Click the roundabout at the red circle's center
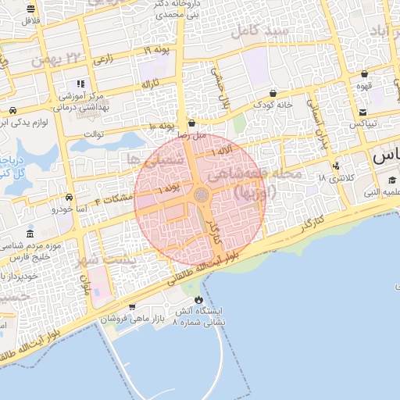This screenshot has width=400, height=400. pyautogui.click(x=201, y=195)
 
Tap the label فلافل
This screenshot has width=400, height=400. pyautogui.click(x=30, y=20)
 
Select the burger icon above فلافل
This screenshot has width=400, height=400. pyautogui.click(x=30, y=9)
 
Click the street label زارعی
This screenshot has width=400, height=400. pyautogui.click(x=102, y=59)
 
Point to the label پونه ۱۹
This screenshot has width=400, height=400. pyautogui.click(x=157, y=50)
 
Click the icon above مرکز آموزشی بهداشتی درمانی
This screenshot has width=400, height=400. pyautogui.click(x=80, y=84)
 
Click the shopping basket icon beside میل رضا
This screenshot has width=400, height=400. pyautogui.click(x=192, y=123)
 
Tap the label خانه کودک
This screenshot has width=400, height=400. pyautogui.click(x=273, y=104)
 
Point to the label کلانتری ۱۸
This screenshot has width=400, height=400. pyautogui.click(x=337, y=178)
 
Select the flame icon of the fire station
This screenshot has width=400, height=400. pyautogui.click(x=198, y=299)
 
